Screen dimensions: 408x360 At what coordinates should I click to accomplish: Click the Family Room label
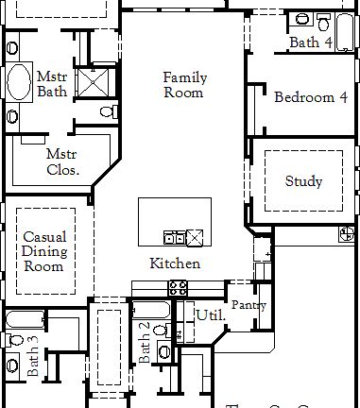coord(184,85)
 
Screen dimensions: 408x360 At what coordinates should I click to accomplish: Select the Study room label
coord(303,181)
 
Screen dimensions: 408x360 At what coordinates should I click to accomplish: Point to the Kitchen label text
coord(175,263)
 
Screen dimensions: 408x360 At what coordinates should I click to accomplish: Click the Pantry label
coord(248,306)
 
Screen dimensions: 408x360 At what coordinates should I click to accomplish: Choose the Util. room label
coord(210,315)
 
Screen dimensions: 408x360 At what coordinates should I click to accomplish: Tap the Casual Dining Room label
coord(44,252)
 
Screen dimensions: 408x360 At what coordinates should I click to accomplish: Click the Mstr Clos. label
coord(62,161)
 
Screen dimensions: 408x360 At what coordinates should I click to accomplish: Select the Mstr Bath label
coord(52,84)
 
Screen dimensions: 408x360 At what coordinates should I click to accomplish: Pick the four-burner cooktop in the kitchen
coord(177,288)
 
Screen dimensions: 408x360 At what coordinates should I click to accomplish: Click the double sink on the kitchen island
coord(174,237)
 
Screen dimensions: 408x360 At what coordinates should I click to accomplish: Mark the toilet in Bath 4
coord(301,17)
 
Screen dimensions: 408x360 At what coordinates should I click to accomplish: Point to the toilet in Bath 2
coord(164,351)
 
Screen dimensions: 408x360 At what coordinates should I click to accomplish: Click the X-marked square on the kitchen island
coord(196,236)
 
